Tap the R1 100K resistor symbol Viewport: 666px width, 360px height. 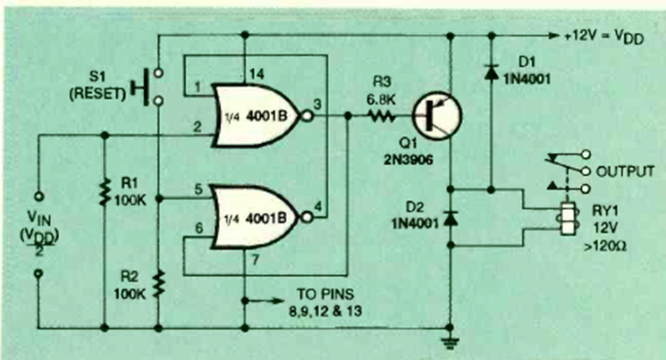click(x=106, y=189)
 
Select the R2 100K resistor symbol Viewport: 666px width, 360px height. click(x=158, y=283)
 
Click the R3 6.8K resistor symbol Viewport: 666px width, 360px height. click(x=382, y=115)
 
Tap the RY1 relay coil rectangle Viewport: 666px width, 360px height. click(x=565, y=219)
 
